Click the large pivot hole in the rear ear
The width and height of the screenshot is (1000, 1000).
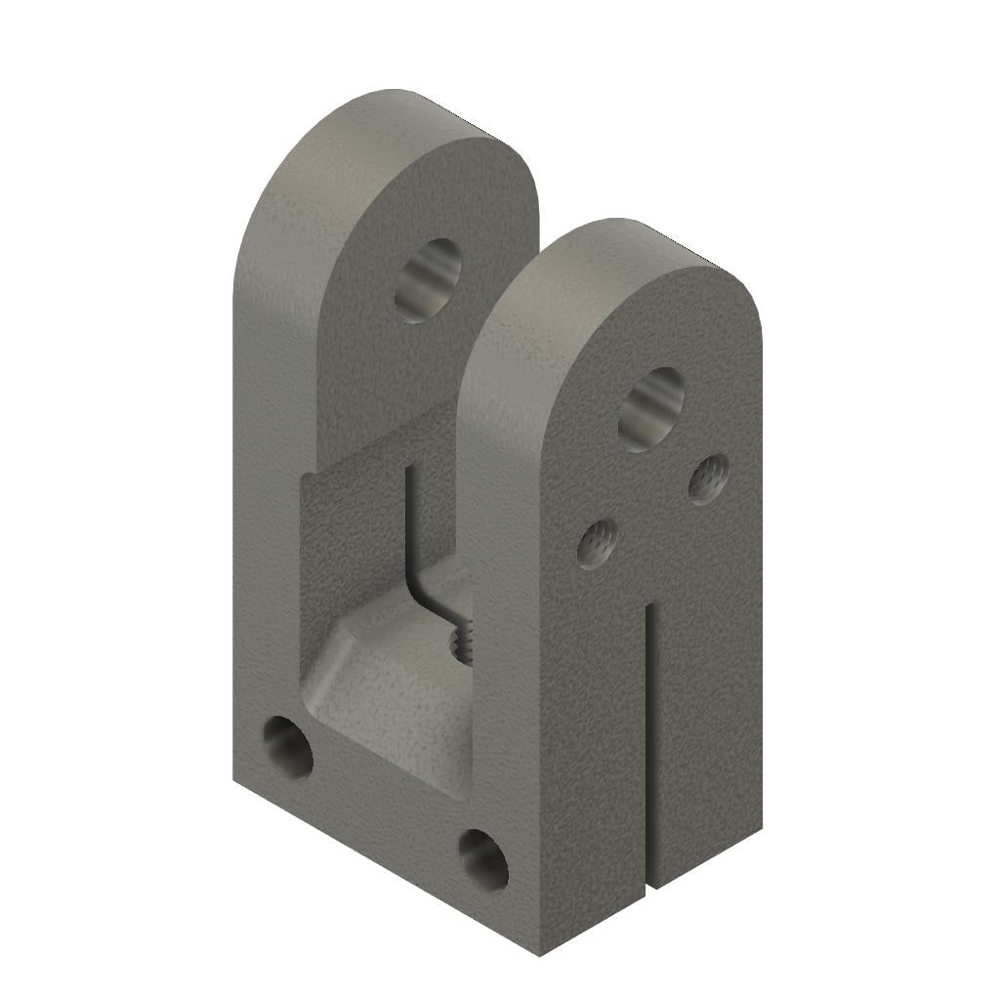tap(428, 280)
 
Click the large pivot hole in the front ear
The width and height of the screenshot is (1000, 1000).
tap(651, 409)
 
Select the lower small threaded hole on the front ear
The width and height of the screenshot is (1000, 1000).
tap(596, 542)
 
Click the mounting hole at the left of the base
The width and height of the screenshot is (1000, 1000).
tap(288, 748)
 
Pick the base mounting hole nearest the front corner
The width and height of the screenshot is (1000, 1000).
tap(483, 859)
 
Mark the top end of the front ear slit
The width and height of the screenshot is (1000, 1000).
tap(647, 607)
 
